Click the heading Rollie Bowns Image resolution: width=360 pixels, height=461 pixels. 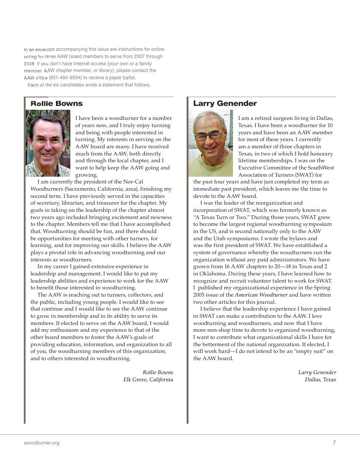(x=56, y=103)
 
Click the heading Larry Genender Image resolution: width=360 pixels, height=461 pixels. (x=225, y=103)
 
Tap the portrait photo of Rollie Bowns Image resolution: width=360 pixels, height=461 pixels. (x=48, y=143)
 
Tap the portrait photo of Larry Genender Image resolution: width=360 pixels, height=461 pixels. (x=211, y=143)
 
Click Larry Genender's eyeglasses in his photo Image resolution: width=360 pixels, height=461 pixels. (x=209, y=135)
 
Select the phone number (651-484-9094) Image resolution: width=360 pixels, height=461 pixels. (x=65, y=78)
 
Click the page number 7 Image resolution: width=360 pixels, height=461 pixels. (x=334, y=443)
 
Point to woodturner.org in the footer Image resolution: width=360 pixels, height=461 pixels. (x=42, y=443)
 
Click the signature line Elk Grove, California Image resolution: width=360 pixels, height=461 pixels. (x=148, y=380)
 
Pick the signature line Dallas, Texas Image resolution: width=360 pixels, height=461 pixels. (x=320, y=380)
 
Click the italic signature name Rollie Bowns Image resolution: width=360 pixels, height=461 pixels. (x=158, y=372)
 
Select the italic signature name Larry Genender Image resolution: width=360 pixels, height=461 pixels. (x=317, y=372)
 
